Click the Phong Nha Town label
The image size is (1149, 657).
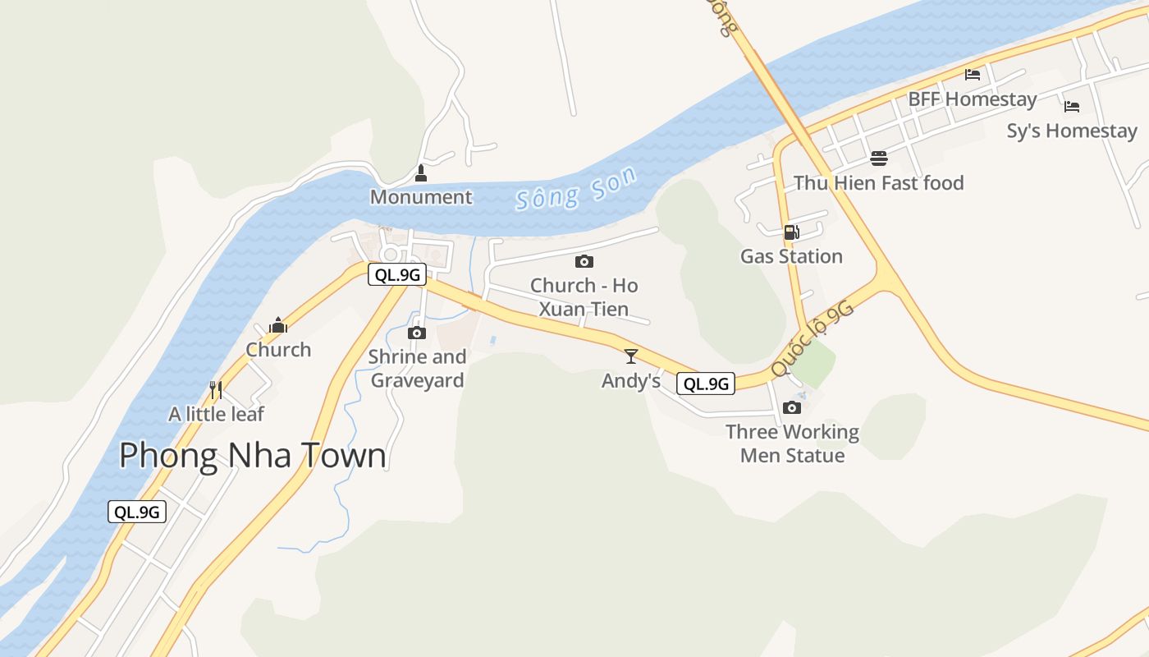[x=253, y=456]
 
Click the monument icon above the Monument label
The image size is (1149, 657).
[x=421, y=173]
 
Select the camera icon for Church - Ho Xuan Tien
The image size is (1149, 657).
[x=584, y=261]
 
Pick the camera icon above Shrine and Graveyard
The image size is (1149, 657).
[x=417, y=333]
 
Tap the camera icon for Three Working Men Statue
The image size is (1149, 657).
[x=792, y=407]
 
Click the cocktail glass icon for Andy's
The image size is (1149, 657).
[x=631, y=356]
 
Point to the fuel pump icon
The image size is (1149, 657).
[x=791, y=232]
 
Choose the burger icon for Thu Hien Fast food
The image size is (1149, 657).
[x=878, y=158]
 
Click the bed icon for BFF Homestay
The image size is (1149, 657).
[x=973, y=75]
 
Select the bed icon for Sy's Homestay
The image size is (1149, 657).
[x=1071, y=106]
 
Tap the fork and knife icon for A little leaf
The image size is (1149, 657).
[x=216, y=389]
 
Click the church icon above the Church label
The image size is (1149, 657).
[x=278, y=325]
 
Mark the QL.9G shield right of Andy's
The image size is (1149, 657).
[x=706, y=384]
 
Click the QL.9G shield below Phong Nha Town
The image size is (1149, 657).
[x=137, y=512]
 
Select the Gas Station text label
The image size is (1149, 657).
[x=791, y=256]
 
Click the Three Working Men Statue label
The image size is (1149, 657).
[x=792, y=443]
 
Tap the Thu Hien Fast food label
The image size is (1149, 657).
[x=878, y=183]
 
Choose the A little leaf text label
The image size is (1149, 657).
[x=217, y=414]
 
